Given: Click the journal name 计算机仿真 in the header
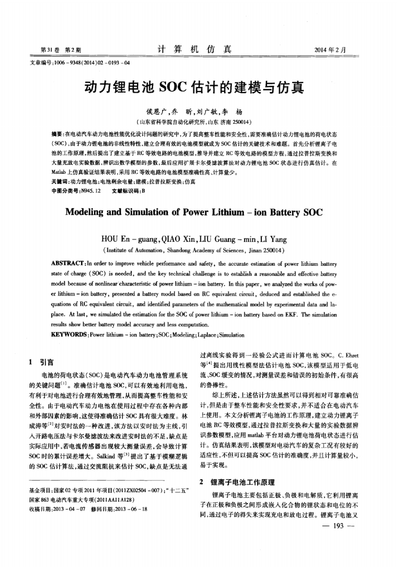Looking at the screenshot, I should [x=194, y=49].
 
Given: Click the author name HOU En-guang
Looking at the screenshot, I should [x=129, y=239].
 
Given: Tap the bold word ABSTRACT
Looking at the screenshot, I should [x=67, y=264].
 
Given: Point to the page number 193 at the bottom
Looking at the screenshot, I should [x=338, y=526].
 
